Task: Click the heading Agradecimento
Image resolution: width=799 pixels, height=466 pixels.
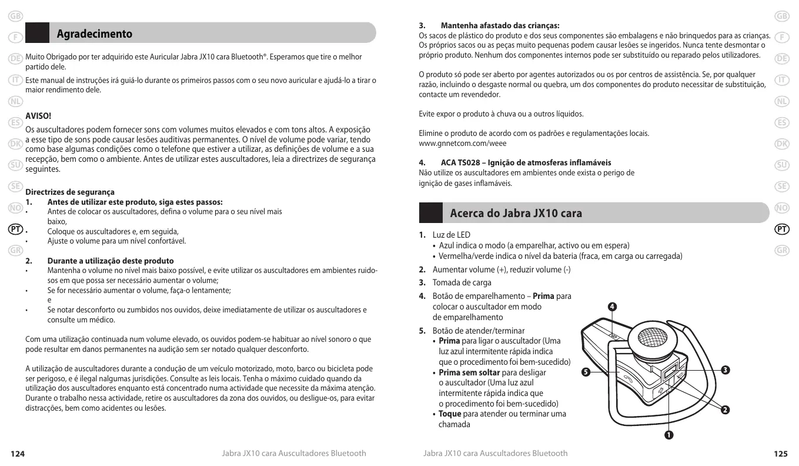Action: [94, 34]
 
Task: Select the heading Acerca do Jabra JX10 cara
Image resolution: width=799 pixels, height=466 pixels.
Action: [516, 213]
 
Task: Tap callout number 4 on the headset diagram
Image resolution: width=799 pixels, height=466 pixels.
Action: [612, 307]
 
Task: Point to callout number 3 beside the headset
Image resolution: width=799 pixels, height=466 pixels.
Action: [726, 370]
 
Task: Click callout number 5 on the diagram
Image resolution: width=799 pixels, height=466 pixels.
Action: [584, 372]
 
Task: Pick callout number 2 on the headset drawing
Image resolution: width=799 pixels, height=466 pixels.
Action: [726, 410]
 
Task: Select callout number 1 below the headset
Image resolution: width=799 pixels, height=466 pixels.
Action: [668, 435]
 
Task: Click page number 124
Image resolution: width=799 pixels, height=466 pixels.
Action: [18, 454]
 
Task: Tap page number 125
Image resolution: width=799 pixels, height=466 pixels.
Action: [780, 454]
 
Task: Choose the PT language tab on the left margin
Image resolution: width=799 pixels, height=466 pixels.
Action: [16, 228]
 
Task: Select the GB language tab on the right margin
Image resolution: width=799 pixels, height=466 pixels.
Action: [781, 16]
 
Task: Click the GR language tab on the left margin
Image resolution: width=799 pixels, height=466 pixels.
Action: [16, 250]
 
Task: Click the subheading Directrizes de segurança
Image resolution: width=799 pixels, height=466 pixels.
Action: [70, 192]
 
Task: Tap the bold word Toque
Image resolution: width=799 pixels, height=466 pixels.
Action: [450, 414]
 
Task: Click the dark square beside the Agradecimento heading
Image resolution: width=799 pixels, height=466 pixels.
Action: [38, 33]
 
